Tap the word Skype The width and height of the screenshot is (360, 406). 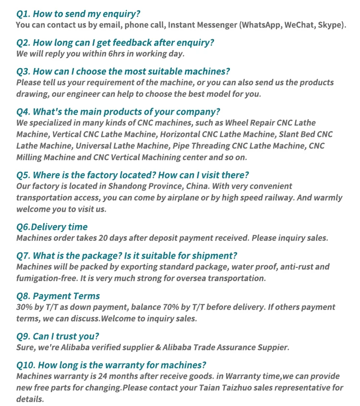329,24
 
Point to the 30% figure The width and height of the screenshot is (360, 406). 24,307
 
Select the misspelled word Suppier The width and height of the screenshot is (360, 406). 271,347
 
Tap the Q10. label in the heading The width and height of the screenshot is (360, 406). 26,364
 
